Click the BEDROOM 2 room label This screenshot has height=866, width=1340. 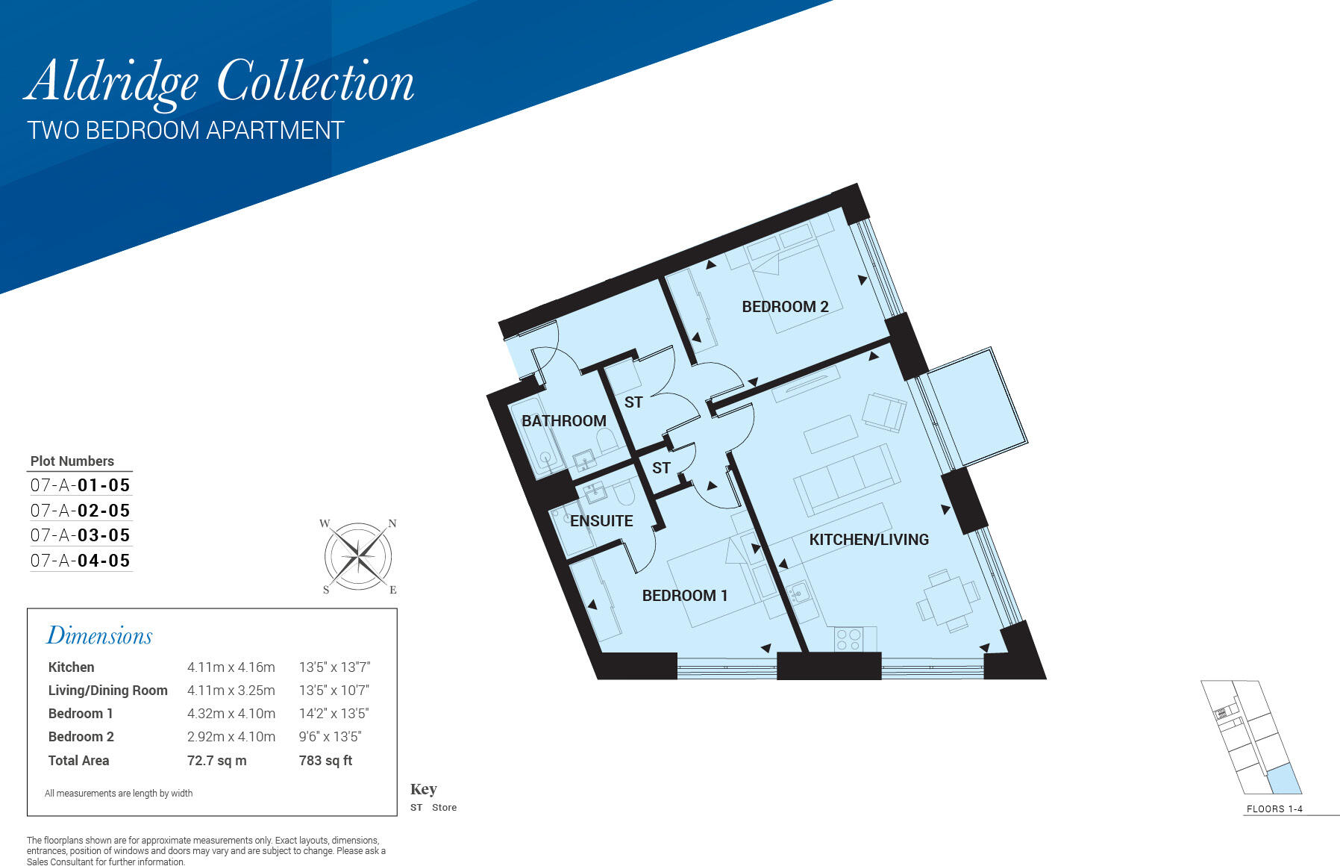click(x=785, y=307)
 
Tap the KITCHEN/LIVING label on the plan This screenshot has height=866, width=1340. click(x=868, y=540)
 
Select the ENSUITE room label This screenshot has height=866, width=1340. click(x=601, y=521)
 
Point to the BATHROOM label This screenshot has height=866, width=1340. click(x=563, y=421)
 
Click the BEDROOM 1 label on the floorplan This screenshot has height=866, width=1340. click(x=684, y=596)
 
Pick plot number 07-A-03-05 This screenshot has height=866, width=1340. click(x=81, y=535)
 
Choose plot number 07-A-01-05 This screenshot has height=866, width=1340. click(x=81, y=485)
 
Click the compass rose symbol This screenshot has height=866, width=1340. click(x=359, y=556)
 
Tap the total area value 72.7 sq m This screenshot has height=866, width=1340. click(x=216, y=761)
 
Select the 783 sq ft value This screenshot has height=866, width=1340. click(x=325, y=761)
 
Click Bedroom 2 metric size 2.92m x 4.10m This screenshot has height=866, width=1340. click(x=231, y=737)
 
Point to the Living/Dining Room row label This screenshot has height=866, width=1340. click(x=107, y=691)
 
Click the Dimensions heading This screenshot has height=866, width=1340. click(x=99, y=636)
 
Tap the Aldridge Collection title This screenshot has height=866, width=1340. click(x=220, y=82)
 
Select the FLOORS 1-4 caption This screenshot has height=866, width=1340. click(x=1274, y=809)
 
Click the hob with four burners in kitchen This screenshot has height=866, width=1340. click(x=849, y=639)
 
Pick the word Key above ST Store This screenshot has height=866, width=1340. click(x=423, y=789)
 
